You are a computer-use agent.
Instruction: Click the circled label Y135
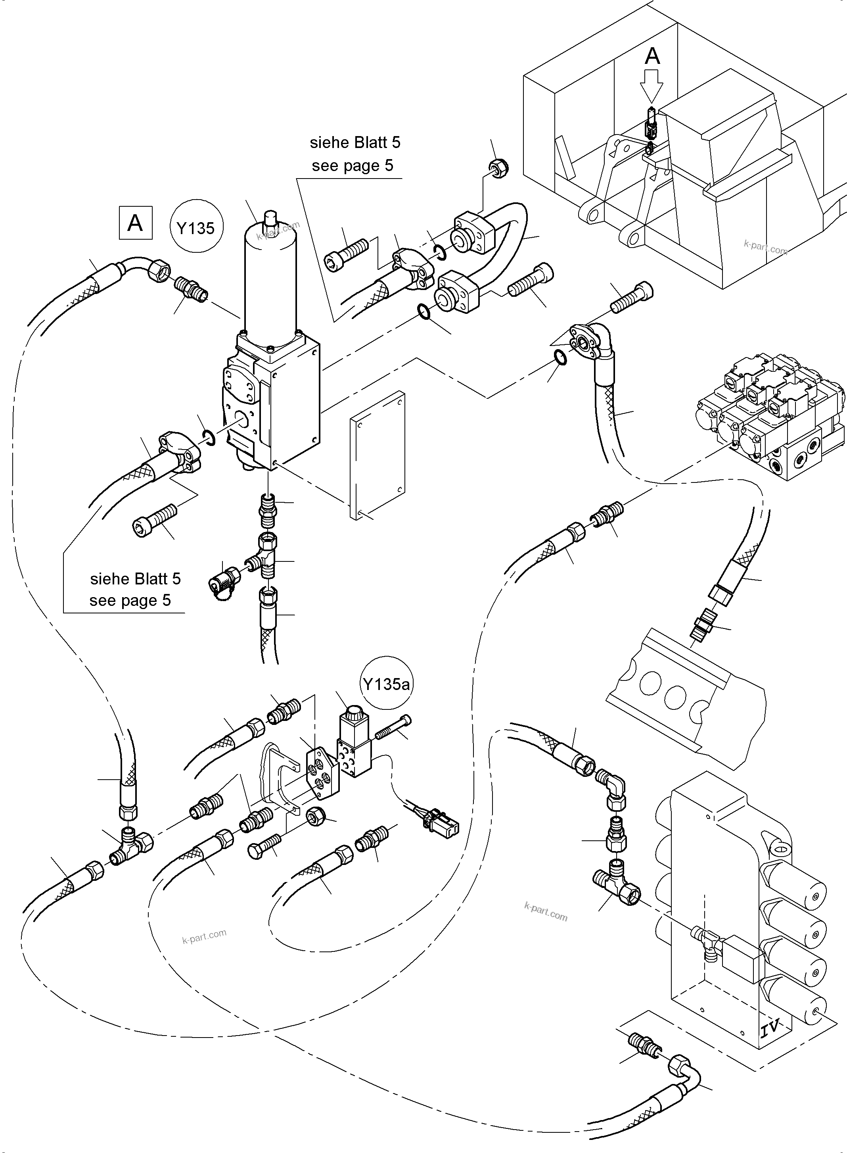coord(195,228)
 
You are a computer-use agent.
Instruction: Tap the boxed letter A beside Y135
coord(135,223)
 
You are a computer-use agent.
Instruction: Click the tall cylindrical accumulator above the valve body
coord(270,280)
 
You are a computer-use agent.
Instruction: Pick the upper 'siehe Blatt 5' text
coord(355,142)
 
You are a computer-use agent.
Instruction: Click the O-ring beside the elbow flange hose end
coord(561,357)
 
